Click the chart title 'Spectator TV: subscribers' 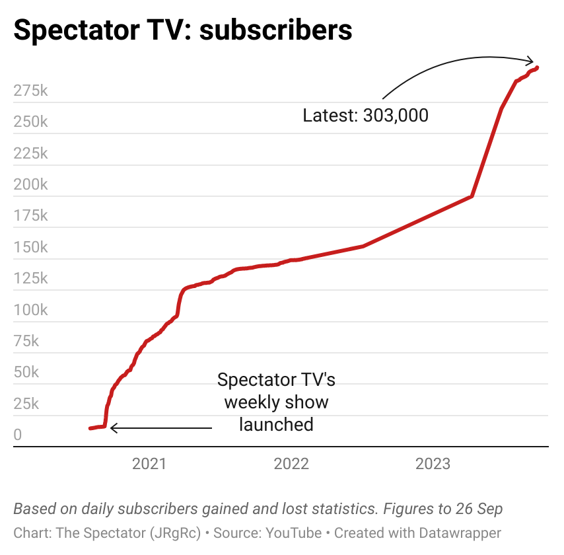click(x=183, y=30)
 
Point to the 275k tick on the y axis click(x=30, y=91)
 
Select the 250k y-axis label click(x=30, y=122)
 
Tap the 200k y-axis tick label click(x=30, y=184)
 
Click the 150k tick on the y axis click(x=30, y=247)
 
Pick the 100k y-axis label click(x=30, y=310)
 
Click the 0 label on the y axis click(x=18, y=435)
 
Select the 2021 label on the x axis click(x=149, y=464)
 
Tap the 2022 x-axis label click(x=291, y=464)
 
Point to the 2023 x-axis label click(x=433, y=464)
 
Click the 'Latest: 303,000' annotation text click(x=365, y=116)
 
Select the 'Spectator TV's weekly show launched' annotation click(x=276, y=402)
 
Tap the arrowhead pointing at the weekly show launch click(x=112, y=428)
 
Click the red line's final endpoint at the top click(x=538, y=67)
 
